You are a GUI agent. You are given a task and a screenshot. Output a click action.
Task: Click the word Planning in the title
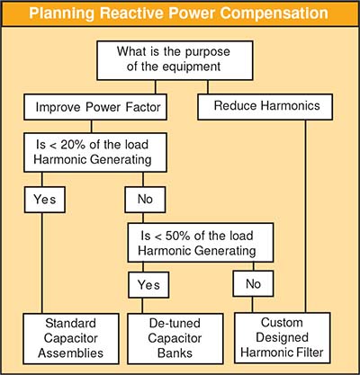(x=61, y=13)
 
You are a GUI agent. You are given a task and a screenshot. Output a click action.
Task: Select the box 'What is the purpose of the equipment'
(x=175, y=60)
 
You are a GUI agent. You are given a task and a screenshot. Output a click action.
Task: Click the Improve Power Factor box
(x=95, y=107)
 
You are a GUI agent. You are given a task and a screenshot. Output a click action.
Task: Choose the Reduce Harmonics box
(x=265, y=107)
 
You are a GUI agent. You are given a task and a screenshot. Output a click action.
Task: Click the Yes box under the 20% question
(x=45, y=200)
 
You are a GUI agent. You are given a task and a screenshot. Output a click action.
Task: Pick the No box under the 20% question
(x=145, y=200)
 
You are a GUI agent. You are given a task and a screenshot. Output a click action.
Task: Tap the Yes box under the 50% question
(x=148, y=285)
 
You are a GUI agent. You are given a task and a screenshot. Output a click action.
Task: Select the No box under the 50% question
(x=253, y=284)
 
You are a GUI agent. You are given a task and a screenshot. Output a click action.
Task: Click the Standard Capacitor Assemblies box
(x=71, y=339)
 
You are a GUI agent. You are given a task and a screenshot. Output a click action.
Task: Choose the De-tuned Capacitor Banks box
(x=175, y=339)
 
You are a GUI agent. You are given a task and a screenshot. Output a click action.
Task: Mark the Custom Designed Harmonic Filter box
(x=283, y=338)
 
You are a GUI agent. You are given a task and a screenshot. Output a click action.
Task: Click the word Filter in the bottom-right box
(x=309, y=353)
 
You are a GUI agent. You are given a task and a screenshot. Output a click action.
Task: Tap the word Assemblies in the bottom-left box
(x=71, y=353)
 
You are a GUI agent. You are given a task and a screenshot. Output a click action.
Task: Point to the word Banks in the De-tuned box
(x=175, y=353)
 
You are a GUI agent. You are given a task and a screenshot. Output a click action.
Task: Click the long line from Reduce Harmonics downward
(x=306, y=216)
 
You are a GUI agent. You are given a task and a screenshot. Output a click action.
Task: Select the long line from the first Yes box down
(x=42, y=263)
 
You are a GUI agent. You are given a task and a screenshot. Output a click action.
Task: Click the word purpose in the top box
(x=207, y=52)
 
